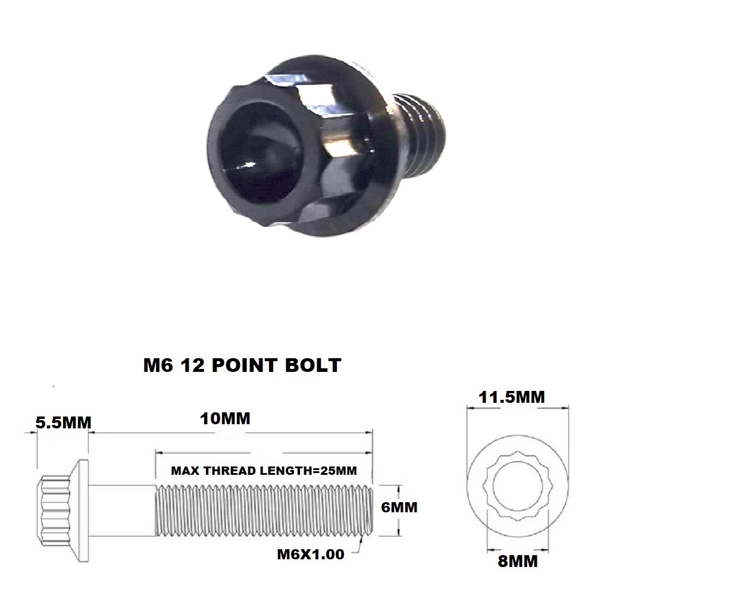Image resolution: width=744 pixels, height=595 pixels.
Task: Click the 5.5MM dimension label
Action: click(63, 422)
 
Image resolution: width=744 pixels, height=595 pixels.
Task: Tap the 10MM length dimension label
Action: click(225, 418)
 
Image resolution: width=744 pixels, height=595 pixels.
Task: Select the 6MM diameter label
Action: click(399, 508)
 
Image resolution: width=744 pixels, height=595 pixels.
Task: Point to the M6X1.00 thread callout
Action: click(310, 554)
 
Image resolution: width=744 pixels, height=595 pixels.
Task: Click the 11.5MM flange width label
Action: click(512, 397)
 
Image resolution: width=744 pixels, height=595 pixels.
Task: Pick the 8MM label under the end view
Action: click(518, 560)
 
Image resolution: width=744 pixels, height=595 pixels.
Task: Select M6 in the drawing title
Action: click(158, 365)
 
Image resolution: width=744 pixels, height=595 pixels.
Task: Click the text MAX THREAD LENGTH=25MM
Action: click(264, 471)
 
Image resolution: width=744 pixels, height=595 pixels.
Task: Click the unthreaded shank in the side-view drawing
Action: click(123, 508)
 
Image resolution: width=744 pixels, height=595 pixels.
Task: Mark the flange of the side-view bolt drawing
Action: click(84, 508)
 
